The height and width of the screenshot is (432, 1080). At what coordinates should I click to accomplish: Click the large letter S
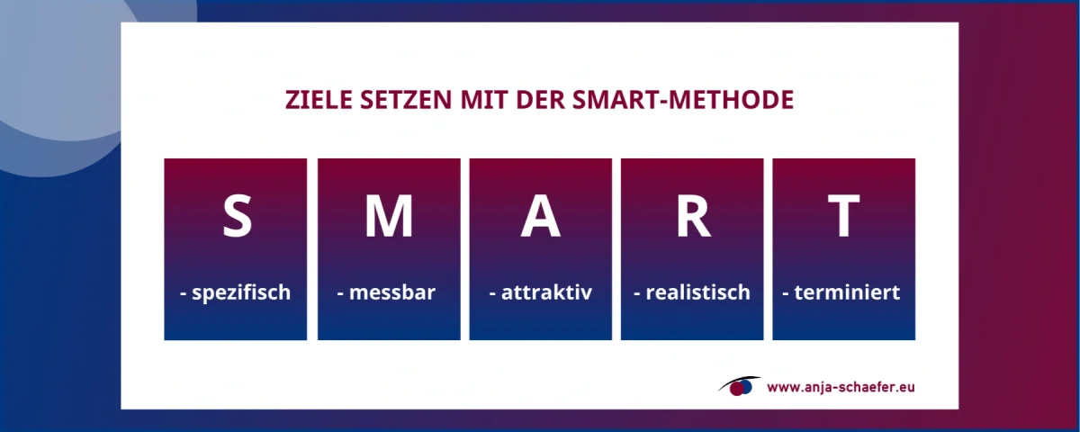click(x=237, y=216)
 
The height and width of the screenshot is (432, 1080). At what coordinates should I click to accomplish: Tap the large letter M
click(x=389, y=216)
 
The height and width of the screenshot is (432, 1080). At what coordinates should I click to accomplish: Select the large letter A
click(x=540, y=216)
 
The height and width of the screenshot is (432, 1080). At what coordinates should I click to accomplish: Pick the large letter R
click(x=693, y=216)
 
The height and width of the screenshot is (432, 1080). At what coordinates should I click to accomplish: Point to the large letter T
click(x=844, y=216)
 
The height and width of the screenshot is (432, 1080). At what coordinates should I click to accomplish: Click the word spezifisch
click(x=240, y=293)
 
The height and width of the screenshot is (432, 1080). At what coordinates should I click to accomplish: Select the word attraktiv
click(x=544, y=293)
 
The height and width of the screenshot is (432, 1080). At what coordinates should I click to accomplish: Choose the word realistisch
click(x=697, y=293)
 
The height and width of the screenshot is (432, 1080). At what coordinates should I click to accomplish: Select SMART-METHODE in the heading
click(x=683, y=100)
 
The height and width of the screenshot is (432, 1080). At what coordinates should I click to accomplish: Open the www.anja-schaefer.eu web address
click(x=841, y=388)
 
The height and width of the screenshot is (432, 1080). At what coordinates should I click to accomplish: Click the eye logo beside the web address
click(x=739, y=386)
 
